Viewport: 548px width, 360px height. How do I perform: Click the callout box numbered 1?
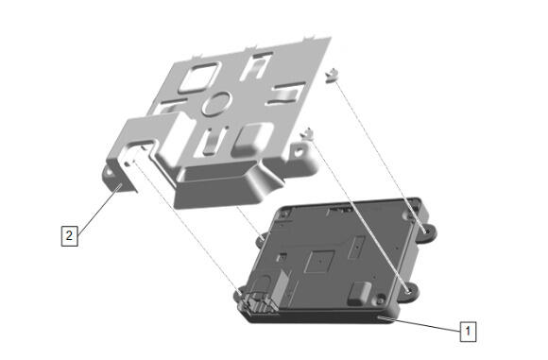click(x=468, y=331)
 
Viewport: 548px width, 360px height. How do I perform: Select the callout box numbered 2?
click(x=69, y=235)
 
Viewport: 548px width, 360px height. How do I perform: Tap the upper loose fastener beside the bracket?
click(x=332, y=75)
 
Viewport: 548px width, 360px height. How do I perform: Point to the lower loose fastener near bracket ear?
click(x=308, y=133)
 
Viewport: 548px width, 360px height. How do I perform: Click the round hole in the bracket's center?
click(x=216, y=103)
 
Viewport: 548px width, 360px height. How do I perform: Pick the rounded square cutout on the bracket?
click(x=198, y=77)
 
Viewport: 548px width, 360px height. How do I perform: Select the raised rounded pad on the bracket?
click(x=251, y=139)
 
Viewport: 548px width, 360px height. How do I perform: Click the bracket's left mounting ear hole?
click(x=110, y=173)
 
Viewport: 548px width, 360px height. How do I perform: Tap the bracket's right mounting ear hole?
click(x=299, y=152)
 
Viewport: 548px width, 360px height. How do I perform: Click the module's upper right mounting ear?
click(x=426, y=232)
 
